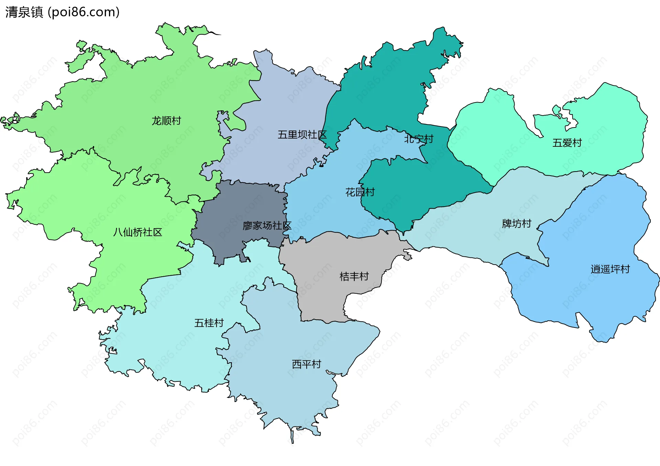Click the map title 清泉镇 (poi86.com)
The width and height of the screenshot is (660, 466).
coord(62,12)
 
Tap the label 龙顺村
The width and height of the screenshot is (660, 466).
coord(166,121)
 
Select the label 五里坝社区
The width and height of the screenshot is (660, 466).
coord(302,135)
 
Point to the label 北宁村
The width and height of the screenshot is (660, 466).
coord(419,139)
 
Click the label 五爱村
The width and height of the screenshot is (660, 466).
coord(567,143)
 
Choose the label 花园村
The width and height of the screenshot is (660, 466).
coord(360,192)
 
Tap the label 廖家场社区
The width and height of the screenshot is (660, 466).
coord(267,226)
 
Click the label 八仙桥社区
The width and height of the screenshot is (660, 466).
coord(137,232)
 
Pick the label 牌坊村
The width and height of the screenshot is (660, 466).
coord(516,224)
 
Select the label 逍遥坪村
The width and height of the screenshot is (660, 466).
coord(610,269)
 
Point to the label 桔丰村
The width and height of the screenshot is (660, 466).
coord(354,276)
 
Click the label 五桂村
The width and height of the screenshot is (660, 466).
coord(209,323)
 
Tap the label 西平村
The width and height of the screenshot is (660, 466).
coord(306,364)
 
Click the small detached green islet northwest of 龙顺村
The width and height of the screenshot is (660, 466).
coord(81,45)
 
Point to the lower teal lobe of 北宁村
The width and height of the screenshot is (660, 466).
coord(412,192)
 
